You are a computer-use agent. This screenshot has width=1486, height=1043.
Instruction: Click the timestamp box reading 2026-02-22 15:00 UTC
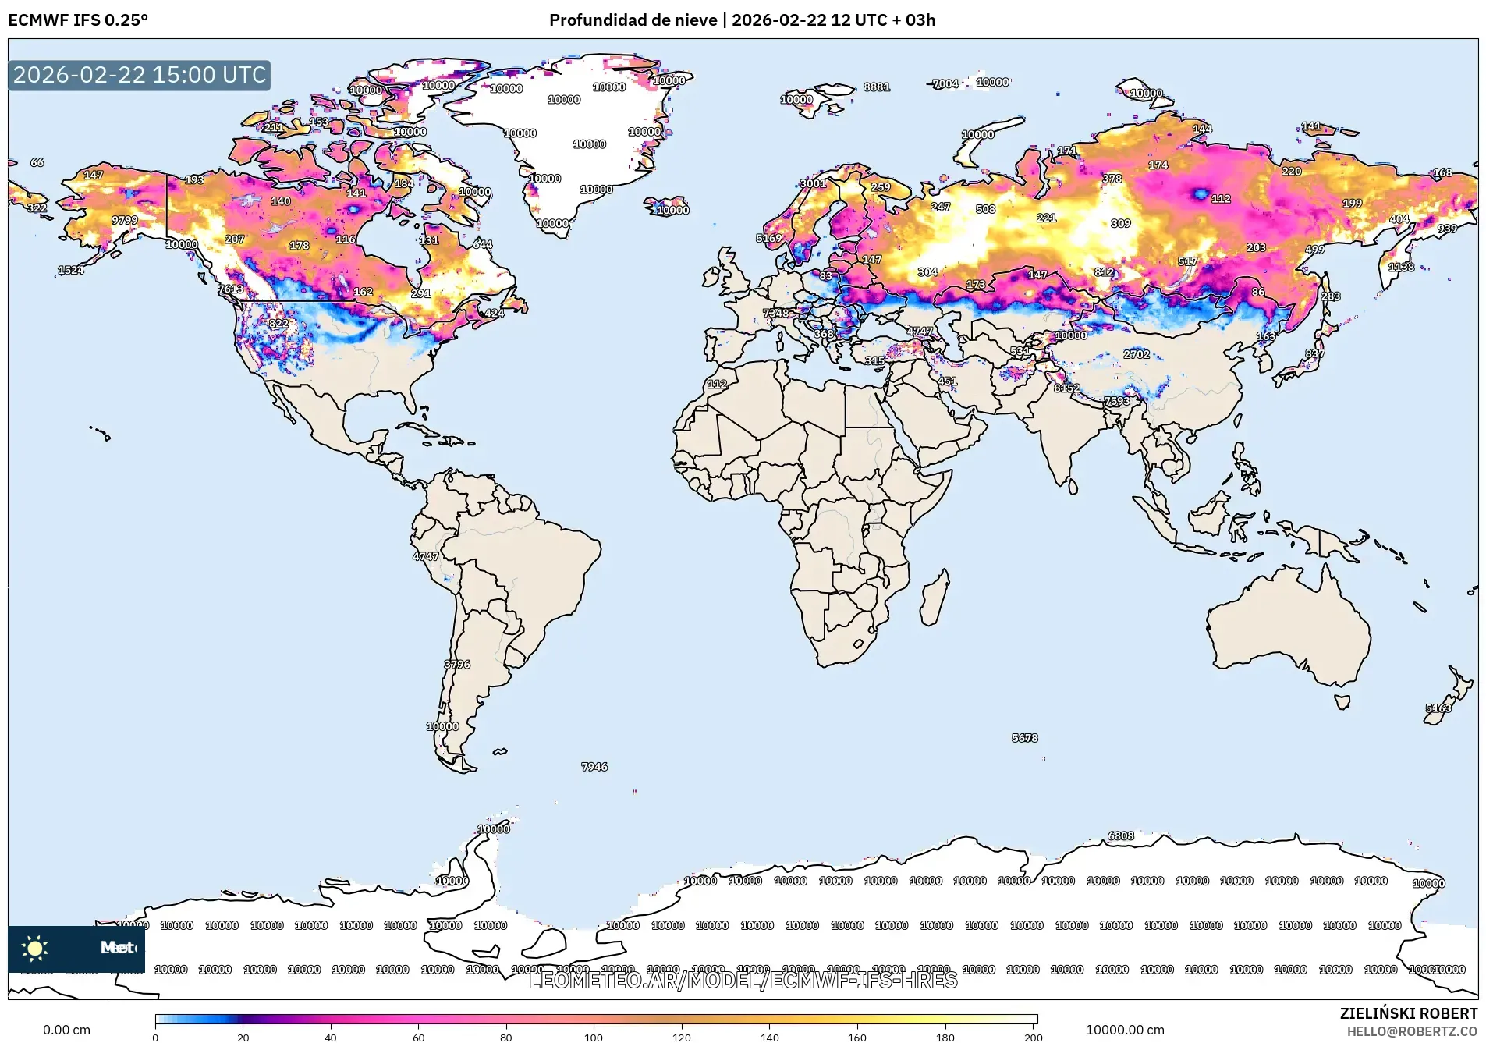[x=140, y=75]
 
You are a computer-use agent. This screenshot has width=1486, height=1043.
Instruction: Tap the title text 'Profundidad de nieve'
[x=633, y=20]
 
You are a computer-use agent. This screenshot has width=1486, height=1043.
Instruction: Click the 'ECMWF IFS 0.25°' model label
[x=78, y=20]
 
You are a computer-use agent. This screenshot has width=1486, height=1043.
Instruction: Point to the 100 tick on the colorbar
[x=594, y=1036]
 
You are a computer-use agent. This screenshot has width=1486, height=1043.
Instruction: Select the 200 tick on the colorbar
[x=1033, y=1036]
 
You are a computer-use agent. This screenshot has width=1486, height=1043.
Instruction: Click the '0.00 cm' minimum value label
[x=66, y=1030]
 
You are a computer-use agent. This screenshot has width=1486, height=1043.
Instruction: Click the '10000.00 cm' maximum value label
[x=1124, y=1030]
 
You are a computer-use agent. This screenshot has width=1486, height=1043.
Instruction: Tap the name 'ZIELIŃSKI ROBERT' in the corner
[x=1408, y=1013]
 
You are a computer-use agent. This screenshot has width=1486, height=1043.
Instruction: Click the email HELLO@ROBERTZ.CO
[x=1412, y=1031]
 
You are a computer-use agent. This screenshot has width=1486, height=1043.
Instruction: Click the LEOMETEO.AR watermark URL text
[x=743, y=980]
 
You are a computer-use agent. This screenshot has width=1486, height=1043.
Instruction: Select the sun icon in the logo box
[x=35, y=948]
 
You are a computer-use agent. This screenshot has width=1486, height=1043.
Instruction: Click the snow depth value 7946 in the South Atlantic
[x=594, y=767]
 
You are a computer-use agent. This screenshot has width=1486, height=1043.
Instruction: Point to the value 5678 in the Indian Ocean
[x=1024, y=738]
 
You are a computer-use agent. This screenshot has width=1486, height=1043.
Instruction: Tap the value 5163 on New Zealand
[x=1438, y=708]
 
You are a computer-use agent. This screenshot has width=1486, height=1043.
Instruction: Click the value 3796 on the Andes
[x=457, y=665]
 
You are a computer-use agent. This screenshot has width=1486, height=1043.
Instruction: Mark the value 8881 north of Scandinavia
[x=877, y=87]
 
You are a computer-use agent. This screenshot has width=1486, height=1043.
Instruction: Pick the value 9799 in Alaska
[x=125, y=221]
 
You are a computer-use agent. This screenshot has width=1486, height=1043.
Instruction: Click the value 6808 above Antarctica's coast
[x=1120, y=836]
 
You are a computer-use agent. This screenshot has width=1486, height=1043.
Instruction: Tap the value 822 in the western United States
[x=278, y=324]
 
